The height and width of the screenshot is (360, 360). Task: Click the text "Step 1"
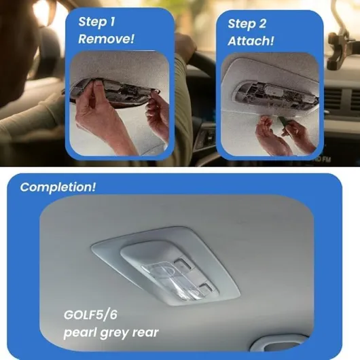(x=96, y=22)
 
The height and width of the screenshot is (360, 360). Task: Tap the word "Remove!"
(x=106, y=39)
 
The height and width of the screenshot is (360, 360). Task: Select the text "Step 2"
(x=247, y=24)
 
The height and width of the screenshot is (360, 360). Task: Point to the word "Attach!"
(x=251, y=41)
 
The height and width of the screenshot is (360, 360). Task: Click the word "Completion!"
(x=58, y=187)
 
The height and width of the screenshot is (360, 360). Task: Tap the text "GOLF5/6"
(x=90, y=314)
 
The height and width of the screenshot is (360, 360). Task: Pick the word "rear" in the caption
(x=145, y=333)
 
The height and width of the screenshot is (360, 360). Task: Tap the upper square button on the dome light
(x=183, y=264)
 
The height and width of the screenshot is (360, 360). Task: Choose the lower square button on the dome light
(x=206, y=289)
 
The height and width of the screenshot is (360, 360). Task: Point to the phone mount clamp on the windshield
(x=338, y=50)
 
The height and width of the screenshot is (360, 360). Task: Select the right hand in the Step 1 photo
(x=158, y=115)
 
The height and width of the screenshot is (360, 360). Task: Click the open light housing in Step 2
(x=276, y=95)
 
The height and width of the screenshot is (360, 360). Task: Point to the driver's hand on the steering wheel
(x=185, y=47)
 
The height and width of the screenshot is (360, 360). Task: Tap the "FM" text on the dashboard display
(x=326, y=159)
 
